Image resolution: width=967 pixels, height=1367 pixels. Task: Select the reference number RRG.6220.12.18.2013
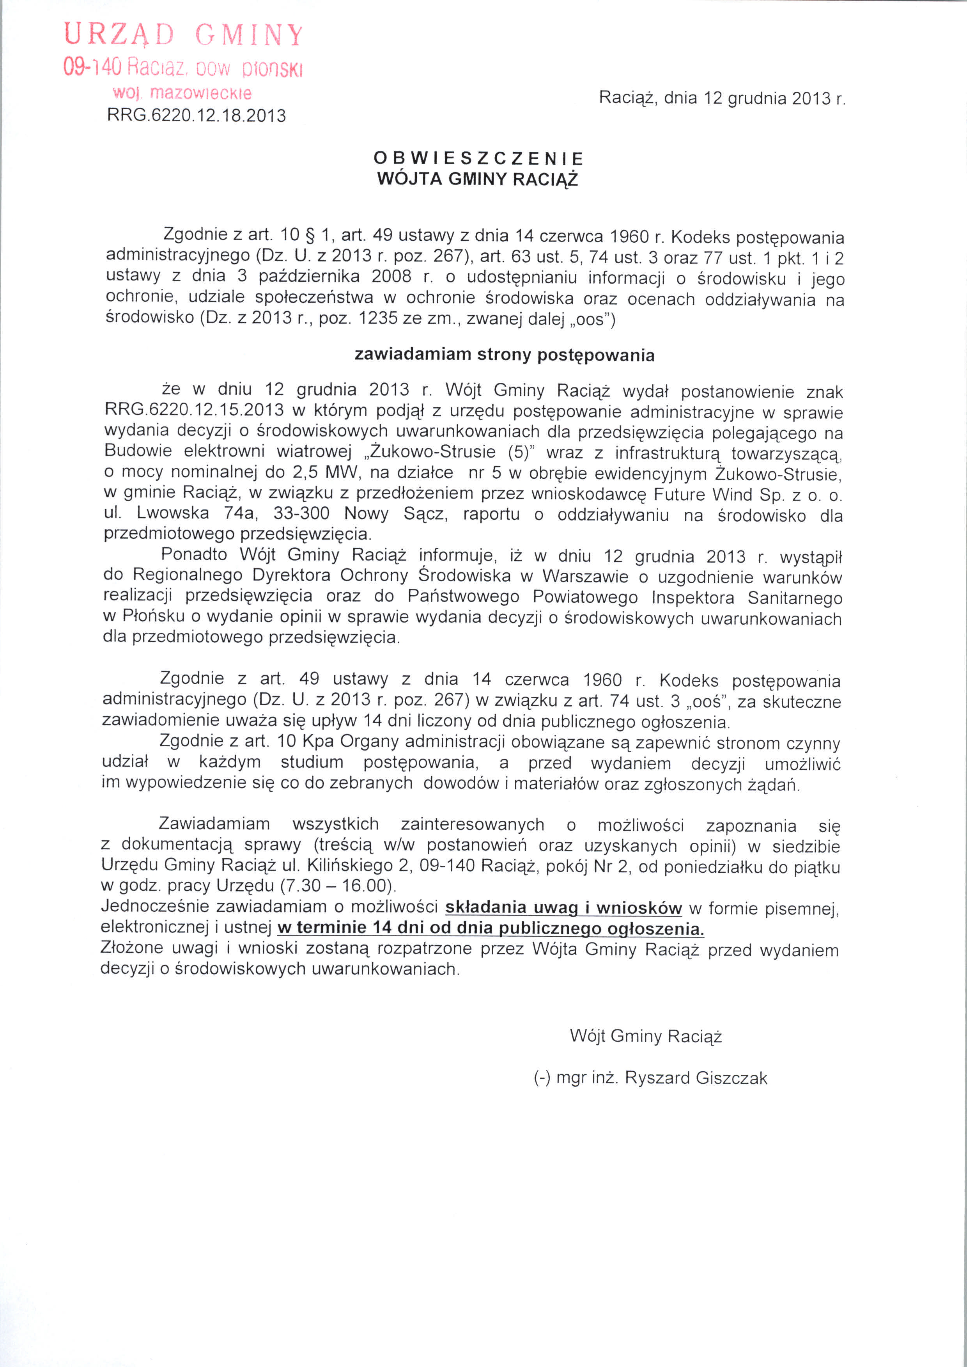coord(197,115)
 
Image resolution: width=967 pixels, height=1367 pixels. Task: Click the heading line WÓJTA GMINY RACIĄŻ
coord(478,179)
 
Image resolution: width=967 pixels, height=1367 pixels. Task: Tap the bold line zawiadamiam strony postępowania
coord(504,355)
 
